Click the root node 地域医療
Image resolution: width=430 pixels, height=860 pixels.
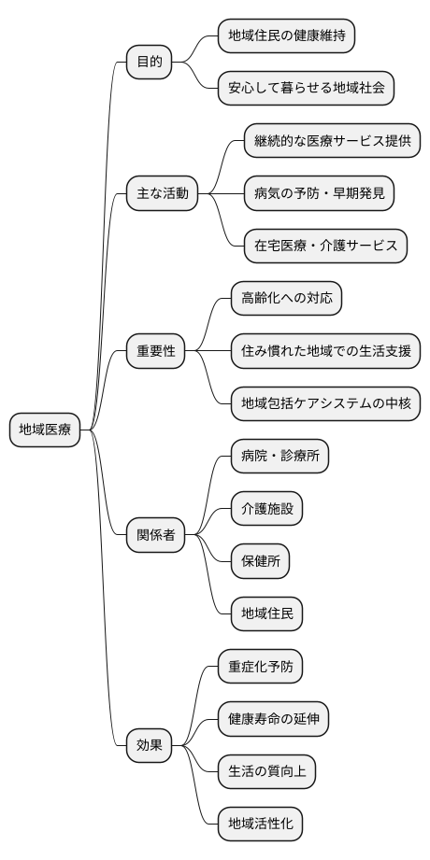click(x=45, y=430)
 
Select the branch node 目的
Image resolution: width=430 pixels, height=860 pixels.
click(x=150, y=63)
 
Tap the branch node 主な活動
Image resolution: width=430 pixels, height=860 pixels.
click(x=163, y=194)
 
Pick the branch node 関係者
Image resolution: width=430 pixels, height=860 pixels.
click(x=156, y=536)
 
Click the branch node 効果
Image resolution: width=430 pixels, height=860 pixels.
click(x=150, y=745)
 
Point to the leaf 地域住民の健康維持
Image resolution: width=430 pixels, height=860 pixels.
click(x=286, y=36)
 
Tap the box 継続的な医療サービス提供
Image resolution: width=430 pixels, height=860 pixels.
click(x=332, y=141)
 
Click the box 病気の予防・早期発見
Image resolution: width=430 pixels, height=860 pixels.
click(x=319, y=194)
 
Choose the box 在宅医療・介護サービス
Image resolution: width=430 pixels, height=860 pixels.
click(x=325, y=247)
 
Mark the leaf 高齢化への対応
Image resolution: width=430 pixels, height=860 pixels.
click(x=286, y=299)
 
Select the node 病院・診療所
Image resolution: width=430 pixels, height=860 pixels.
click(x=279, y=457)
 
